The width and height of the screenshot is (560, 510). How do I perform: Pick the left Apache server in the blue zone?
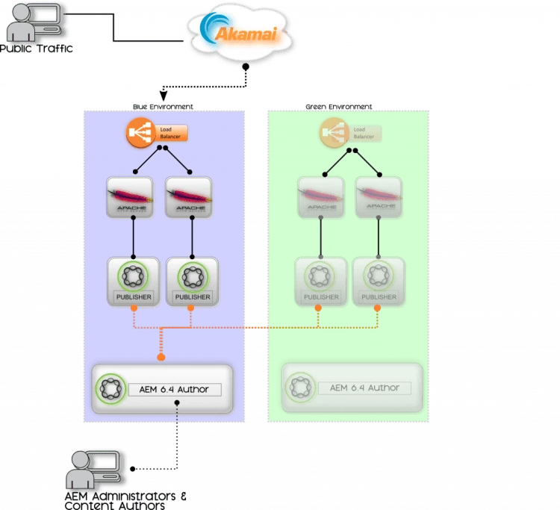point(131,197)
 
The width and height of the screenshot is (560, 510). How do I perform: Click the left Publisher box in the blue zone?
point(133,281)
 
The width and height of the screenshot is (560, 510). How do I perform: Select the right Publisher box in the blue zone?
point(193,281)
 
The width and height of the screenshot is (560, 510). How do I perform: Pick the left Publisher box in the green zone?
point(321,281)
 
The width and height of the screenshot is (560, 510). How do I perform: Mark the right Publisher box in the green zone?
point(379,281)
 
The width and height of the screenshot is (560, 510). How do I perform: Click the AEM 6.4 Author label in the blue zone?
point(175,389)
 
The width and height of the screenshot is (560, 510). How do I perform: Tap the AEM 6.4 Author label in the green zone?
point(364,388)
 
